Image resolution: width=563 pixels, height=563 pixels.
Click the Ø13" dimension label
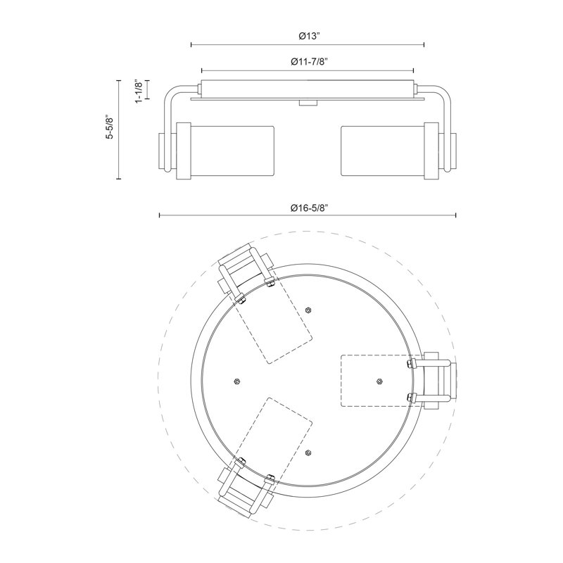(309, 36)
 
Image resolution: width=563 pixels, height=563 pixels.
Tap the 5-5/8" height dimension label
(109, 127)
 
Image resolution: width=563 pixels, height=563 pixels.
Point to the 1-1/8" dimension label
(139, 91)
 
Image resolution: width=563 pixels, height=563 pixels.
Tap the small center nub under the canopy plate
(308, 103)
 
